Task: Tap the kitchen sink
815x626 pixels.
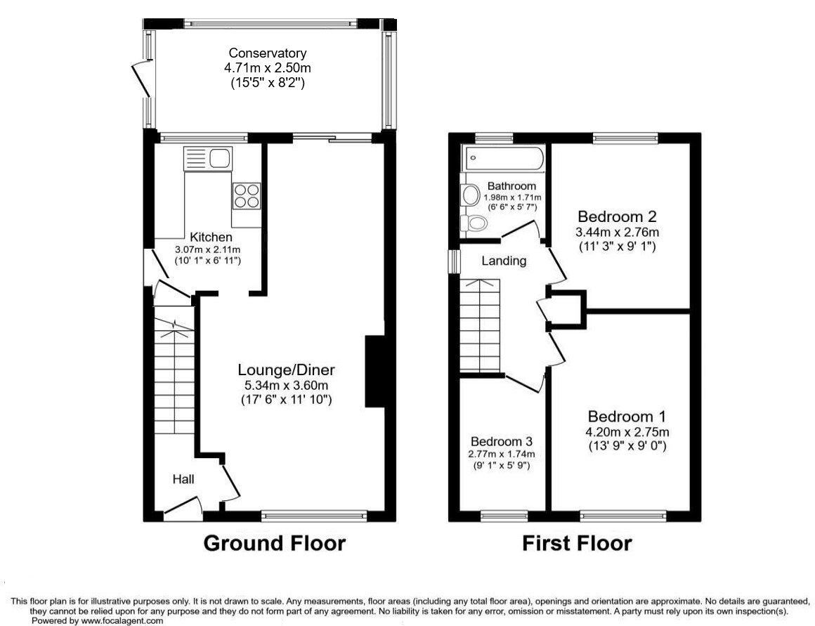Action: (208, 158)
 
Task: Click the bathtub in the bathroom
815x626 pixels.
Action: (503, 159)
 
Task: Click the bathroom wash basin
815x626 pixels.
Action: (469, 195)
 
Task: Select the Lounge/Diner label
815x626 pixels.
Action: (286, 370)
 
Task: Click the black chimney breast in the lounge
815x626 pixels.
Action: (375, 372)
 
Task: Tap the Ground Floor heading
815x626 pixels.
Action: (274, 543)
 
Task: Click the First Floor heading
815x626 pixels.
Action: (576, 543)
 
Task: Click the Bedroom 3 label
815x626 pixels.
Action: (502, 442)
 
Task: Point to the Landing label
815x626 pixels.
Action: (504, 261)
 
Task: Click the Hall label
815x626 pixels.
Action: (184, 479)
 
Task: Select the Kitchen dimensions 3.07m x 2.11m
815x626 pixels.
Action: (208, 249)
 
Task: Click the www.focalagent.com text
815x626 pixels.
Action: (122, 620)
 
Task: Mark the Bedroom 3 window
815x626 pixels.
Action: (504, 516)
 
